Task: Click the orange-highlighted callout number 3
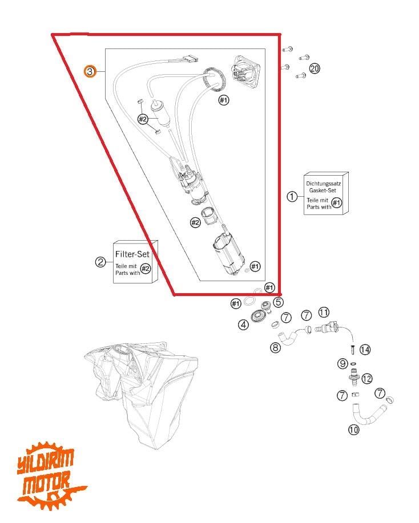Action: pos(90,71)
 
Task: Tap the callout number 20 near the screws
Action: pos(315,68)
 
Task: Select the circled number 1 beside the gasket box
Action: pos(292,196)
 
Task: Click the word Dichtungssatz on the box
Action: pos(323,184)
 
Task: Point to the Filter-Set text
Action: pos(132,254)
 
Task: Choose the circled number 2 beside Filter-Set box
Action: pos(100,262)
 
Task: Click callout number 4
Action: pos(243,325)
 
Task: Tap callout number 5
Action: pos(278,302)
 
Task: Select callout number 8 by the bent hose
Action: pos(276,348)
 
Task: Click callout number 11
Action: pos(324,313)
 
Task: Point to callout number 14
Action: pos(365,350)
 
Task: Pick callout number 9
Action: pos(343,363)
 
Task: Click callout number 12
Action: pos(367,379)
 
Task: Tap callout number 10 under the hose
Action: pos(353,429)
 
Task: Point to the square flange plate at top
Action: pos(245,71)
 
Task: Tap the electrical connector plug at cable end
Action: pos(190,59)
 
